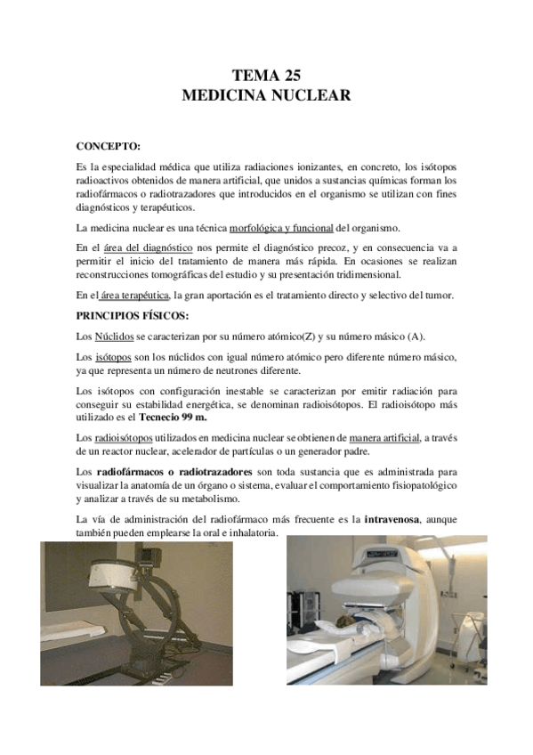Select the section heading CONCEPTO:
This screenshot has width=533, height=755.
109,144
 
